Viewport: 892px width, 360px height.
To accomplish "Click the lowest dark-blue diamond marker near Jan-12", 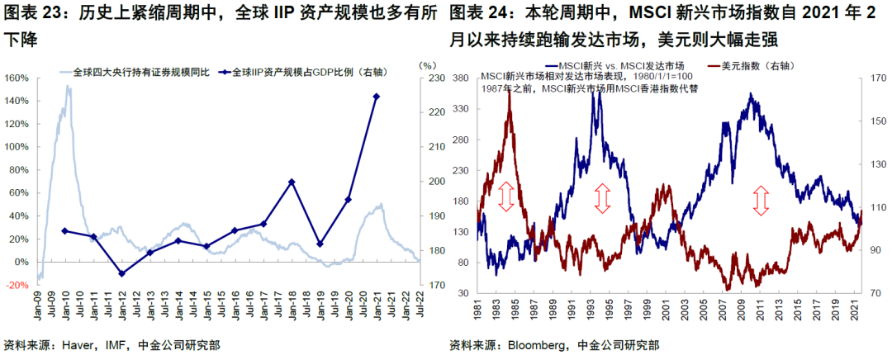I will point(121,273).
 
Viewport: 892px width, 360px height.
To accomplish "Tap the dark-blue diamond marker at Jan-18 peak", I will point(292,182).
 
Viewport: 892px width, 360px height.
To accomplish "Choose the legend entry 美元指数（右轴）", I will point(743,64).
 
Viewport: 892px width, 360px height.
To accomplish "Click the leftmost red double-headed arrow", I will point(507,197).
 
